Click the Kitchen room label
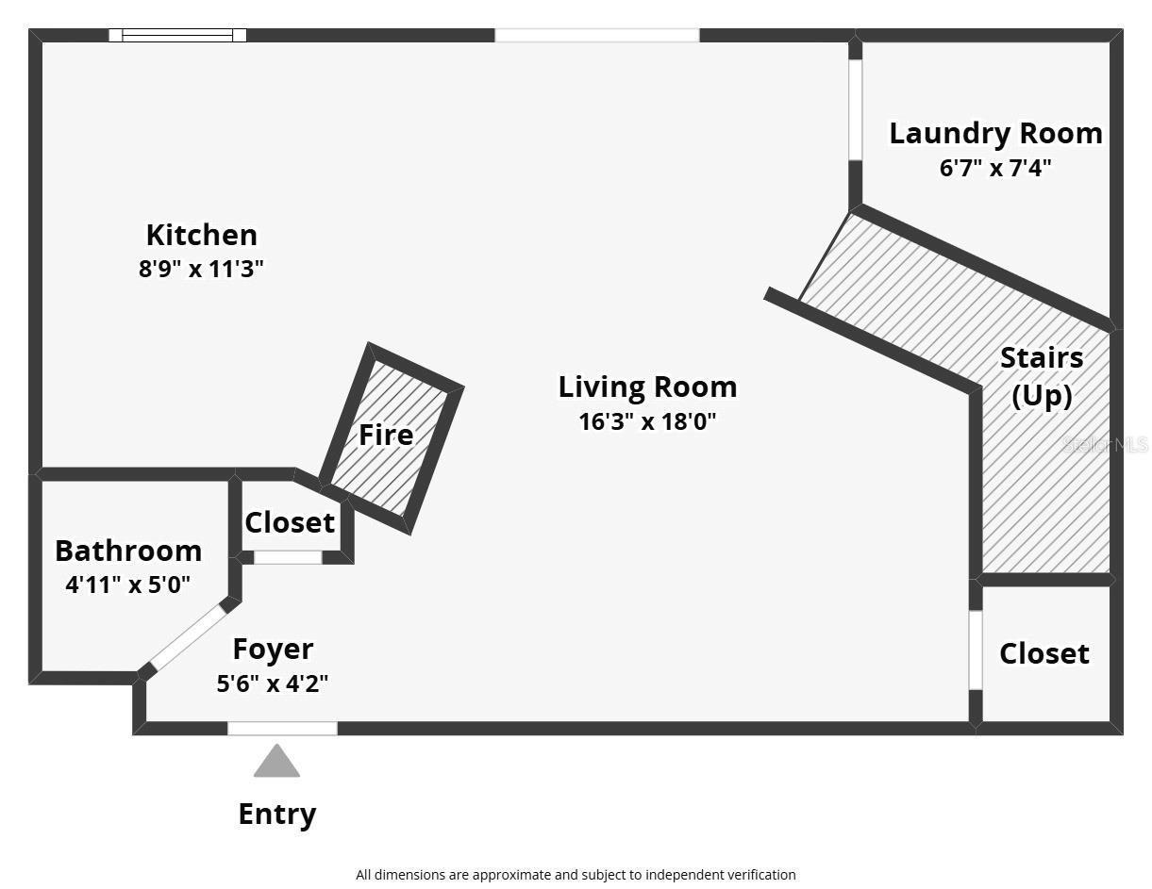201,235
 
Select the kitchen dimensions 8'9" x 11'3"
201,269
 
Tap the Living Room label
647,387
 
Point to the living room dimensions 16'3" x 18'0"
647,421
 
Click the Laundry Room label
995,133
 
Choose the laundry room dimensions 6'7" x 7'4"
995,168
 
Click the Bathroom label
128,551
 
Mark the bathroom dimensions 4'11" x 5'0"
128,584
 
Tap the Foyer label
273,650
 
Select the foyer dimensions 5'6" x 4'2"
273,683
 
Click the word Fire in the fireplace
386,435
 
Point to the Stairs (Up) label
1042,376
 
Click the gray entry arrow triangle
276,763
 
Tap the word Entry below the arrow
276,814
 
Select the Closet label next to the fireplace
290,522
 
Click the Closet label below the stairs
1044,653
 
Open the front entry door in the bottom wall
282,728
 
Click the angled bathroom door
189,637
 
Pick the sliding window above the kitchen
177,36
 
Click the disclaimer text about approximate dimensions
576,875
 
